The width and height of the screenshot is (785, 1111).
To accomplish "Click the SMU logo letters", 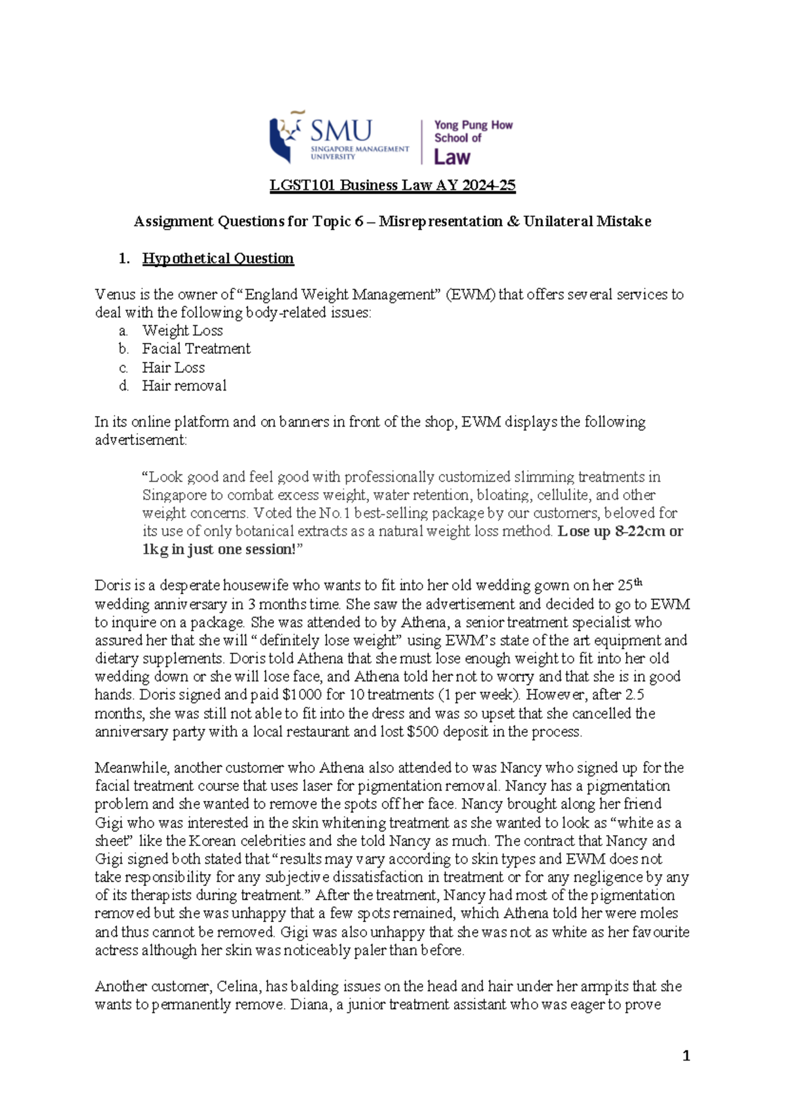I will point(341,130).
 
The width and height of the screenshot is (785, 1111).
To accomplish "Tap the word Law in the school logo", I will point(452,157).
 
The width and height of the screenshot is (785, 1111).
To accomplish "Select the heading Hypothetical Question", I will point(218,258).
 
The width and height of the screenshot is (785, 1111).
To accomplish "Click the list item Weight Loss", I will point(183,330).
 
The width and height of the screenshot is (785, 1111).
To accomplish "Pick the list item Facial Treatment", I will point(196,349).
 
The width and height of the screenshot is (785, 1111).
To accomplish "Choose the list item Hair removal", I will point(184,385).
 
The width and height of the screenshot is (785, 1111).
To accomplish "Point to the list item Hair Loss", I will point(173,367).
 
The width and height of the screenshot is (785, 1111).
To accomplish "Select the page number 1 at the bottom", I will point(686,1055).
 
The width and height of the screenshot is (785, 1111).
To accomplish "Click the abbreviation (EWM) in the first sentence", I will point(470,294).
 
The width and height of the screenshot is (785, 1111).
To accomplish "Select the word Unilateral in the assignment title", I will point(557,222).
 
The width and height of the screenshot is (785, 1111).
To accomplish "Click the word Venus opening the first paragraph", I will point(114,294).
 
